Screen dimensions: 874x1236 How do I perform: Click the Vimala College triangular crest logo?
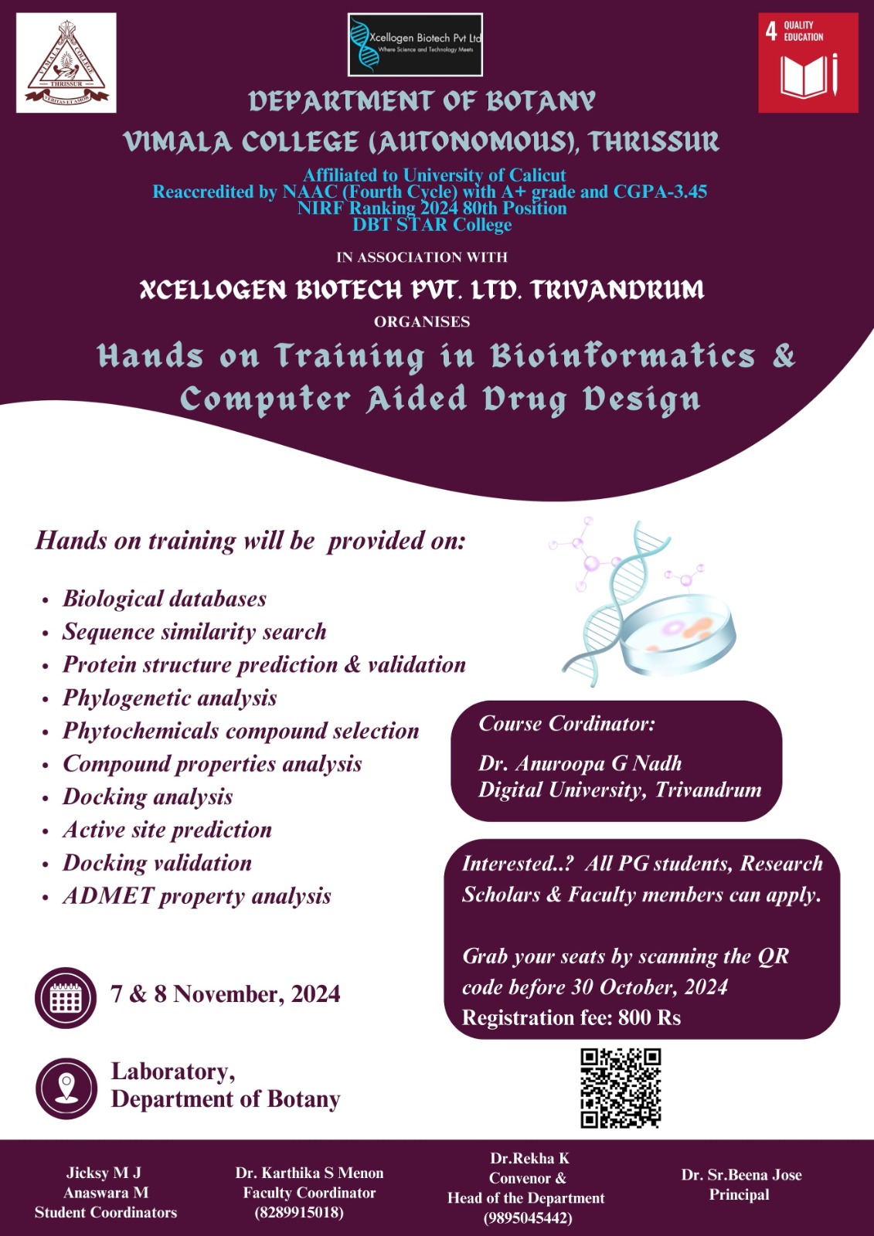[66, 63]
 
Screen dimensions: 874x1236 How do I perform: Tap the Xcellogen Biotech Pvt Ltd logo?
[415, 45]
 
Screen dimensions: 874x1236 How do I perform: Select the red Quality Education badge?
[808, 63]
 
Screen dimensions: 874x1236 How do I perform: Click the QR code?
[621, 1088]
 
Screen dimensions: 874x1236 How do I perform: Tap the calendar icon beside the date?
[66, 997]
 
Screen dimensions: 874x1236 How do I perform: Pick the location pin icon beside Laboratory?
[66, 1088]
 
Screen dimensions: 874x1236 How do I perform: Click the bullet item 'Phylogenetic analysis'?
[169, 698]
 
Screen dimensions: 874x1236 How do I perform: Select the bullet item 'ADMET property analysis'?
[196, 896]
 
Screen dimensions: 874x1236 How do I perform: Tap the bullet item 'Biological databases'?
[165, 599]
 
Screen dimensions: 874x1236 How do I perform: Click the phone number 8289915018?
[299, 1212]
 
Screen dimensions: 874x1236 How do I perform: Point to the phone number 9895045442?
[527, 1217]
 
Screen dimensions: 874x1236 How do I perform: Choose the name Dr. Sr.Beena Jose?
[741, 1175]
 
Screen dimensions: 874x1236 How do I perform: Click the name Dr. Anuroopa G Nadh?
[580, 763]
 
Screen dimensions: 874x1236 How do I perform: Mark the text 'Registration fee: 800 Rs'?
[571, 1017]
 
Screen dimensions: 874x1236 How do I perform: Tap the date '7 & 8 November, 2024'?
[226, 994]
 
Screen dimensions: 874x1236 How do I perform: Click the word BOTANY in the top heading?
[540, 101]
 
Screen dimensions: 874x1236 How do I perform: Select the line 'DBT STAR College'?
[432, 225]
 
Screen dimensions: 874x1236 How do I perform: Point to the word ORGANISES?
[422, 321]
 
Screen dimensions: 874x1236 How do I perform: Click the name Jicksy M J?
[104, 1173]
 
